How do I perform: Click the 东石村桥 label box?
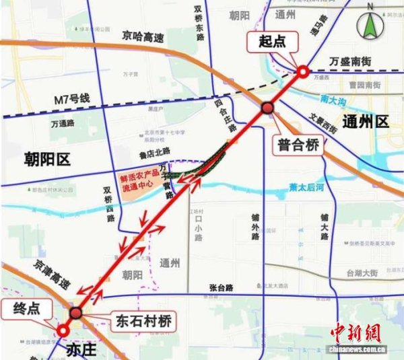coord(140,320)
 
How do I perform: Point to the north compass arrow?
coord(370,26)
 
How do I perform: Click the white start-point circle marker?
coord(303,71)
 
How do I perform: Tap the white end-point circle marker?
coord(63,330)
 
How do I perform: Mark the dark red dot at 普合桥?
coord(267,108)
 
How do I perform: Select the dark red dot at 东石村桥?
coord(76,312)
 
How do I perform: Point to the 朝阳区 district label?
coord(47,159)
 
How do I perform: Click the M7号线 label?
coord(72,99)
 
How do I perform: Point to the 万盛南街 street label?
coord(351,61)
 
